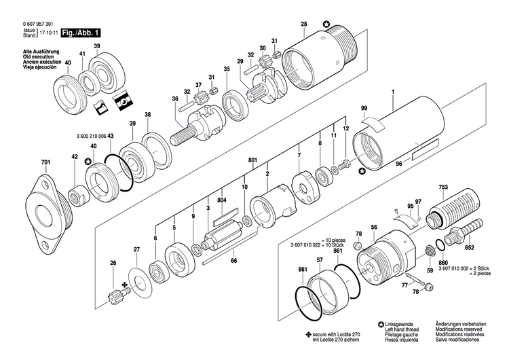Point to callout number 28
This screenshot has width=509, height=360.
pos(303,24)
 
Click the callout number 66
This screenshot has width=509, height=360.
pos(233,259)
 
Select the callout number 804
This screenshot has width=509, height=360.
pos(221,200)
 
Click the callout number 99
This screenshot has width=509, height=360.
pos(364,109)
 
